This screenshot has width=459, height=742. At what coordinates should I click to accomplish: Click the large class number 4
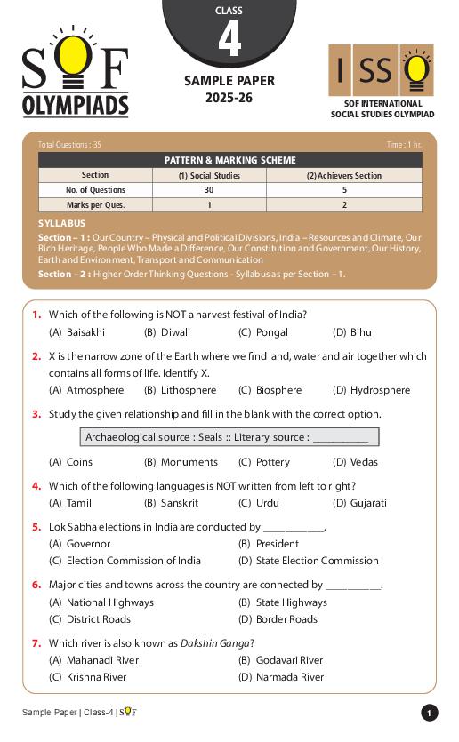[229, 40]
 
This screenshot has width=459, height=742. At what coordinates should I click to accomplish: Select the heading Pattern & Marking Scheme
[229, 160]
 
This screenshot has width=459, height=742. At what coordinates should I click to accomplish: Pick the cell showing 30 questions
[209, 190]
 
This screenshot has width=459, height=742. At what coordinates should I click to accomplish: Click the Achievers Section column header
[343, 175]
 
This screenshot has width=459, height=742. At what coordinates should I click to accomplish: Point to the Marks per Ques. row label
[95, 205]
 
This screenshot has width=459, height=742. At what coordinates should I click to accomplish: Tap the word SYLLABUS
[62, 223]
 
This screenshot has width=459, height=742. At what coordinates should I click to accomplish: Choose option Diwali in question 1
[175, 332]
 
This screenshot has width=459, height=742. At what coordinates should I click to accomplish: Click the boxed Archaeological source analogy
[229, 437]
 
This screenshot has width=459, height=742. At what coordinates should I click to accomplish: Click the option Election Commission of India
[133, 561]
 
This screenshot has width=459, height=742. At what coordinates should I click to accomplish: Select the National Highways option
[109, 602]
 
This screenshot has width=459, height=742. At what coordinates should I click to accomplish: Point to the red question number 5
[36, 527]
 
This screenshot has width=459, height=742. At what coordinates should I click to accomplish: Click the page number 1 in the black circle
[430, 713]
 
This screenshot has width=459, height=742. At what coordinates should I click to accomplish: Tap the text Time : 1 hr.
[404, 144]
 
